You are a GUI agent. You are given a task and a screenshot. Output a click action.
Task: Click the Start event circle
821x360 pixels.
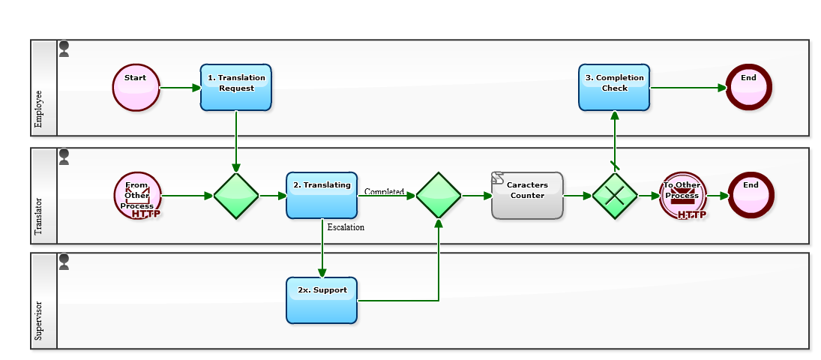coord(136,88)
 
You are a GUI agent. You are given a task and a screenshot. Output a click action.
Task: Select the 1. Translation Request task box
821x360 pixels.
coord(236,88)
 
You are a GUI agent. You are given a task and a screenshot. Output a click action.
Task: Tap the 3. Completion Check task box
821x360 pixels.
coord(614,88)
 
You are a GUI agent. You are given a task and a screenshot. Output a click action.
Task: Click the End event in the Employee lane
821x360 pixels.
coord(748,88)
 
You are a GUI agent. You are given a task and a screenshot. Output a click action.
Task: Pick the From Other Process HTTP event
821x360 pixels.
coord(137,196)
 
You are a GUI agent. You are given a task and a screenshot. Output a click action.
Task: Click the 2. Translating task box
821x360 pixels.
coord(322,196)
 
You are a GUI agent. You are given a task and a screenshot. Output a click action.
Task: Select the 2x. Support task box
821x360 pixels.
coord(322,301)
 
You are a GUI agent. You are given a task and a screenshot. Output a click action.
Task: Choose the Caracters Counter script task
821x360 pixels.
coord(527,196)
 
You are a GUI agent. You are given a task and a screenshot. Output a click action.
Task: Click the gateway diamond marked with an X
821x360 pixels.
coord(615,196)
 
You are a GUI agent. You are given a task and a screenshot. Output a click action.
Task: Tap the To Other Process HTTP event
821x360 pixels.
coord(682,196)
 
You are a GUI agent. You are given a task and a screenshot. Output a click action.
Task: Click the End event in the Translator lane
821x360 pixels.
coord(751,196)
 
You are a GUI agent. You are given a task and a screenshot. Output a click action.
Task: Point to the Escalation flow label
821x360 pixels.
coord(346,227)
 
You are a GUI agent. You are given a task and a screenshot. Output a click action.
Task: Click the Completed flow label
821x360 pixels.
coord(384,192)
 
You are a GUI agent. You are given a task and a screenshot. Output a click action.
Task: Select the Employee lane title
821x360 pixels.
coord(40,109)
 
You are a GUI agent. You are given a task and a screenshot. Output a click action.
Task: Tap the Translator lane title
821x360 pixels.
coord(40,217)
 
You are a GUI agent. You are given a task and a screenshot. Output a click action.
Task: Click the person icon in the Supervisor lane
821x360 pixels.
coord(64,261)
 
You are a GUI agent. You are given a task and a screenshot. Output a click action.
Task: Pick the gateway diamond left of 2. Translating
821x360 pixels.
coord(236,196)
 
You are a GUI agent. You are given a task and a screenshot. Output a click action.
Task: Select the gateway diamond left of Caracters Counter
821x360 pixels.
coord(439,196)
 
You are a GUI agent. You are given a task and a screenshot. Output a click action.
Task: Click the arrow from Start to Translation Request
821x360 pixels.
coord(180,88)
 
